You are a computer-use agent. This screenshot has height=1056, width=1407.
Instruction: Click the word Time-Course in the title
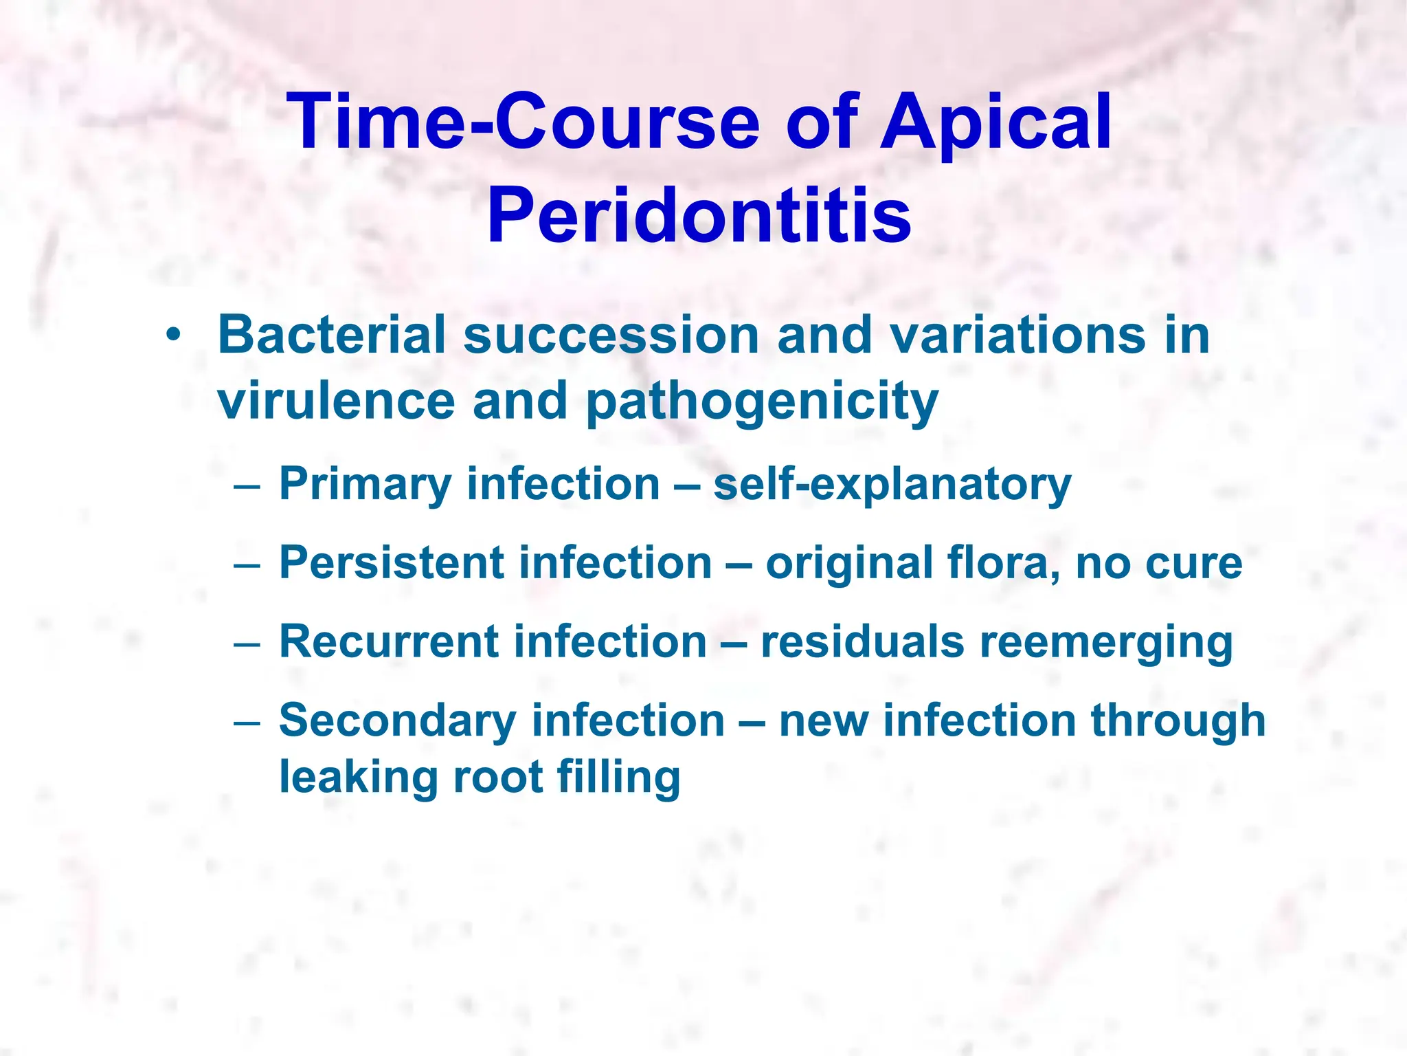point(526,122)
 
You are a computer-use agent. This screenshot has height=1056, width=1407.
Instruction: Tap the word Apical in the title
point(996,122)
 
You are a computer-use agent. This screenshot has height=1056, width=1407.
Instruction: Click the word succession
point(611,335)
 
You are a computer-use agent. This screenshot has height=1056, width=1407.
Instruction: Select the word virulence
point(337,401)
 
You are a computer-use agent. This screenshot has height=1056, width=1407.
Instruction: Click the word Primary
point(364,485)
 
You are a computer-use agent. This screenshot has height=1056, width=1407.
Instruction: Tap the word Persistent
point(392,564)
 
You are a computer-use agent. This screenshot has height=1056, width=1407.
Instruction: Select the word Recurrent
point(389,643)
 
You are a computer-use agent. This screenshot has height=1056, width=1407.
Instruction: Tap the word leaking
point(358,779)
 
